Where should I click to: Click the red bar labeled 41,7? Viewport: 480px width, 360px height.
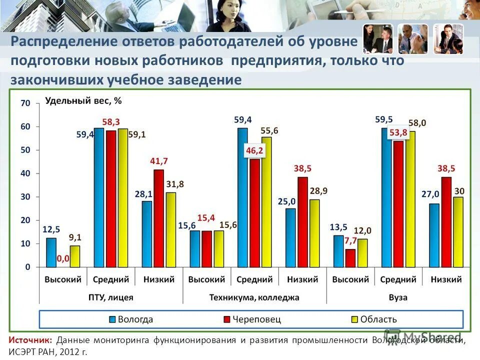click(x=158, y=218)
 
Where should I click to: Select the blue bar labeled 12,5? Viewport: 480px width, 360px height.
click(x=51, y=252)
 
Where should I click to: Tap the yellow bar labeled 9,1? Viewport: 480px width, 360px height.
click(x=75, y=256)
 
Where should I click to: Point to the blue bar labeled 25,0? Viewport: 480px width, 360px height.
click(x=290, y=237)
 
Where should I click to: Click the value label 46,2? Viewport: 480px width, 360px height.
click(x=254, y=150)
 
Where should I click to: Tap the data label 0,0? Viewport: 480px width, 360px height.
click(x=63, y=259)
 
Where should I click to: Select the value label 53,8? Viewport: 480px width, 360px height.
click(x=398, y=132)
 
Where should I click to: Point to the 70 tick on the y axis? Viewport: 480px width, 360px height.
click(x=25, y=103)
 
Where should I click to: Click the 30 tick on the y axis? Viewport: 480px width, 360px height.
click(x=25, y=197)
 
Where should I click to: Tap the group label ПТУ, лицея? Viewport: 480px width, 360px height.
click(x=111, y=297)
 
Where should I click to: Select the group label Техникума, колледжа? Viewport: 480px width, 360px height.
click(x=254, y=297)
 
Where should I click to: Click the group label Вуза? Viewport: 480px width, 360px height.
click(x=398, y=297)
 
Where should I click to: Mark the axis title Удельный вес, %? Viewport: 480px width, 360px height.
click(x=83, y=100)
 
